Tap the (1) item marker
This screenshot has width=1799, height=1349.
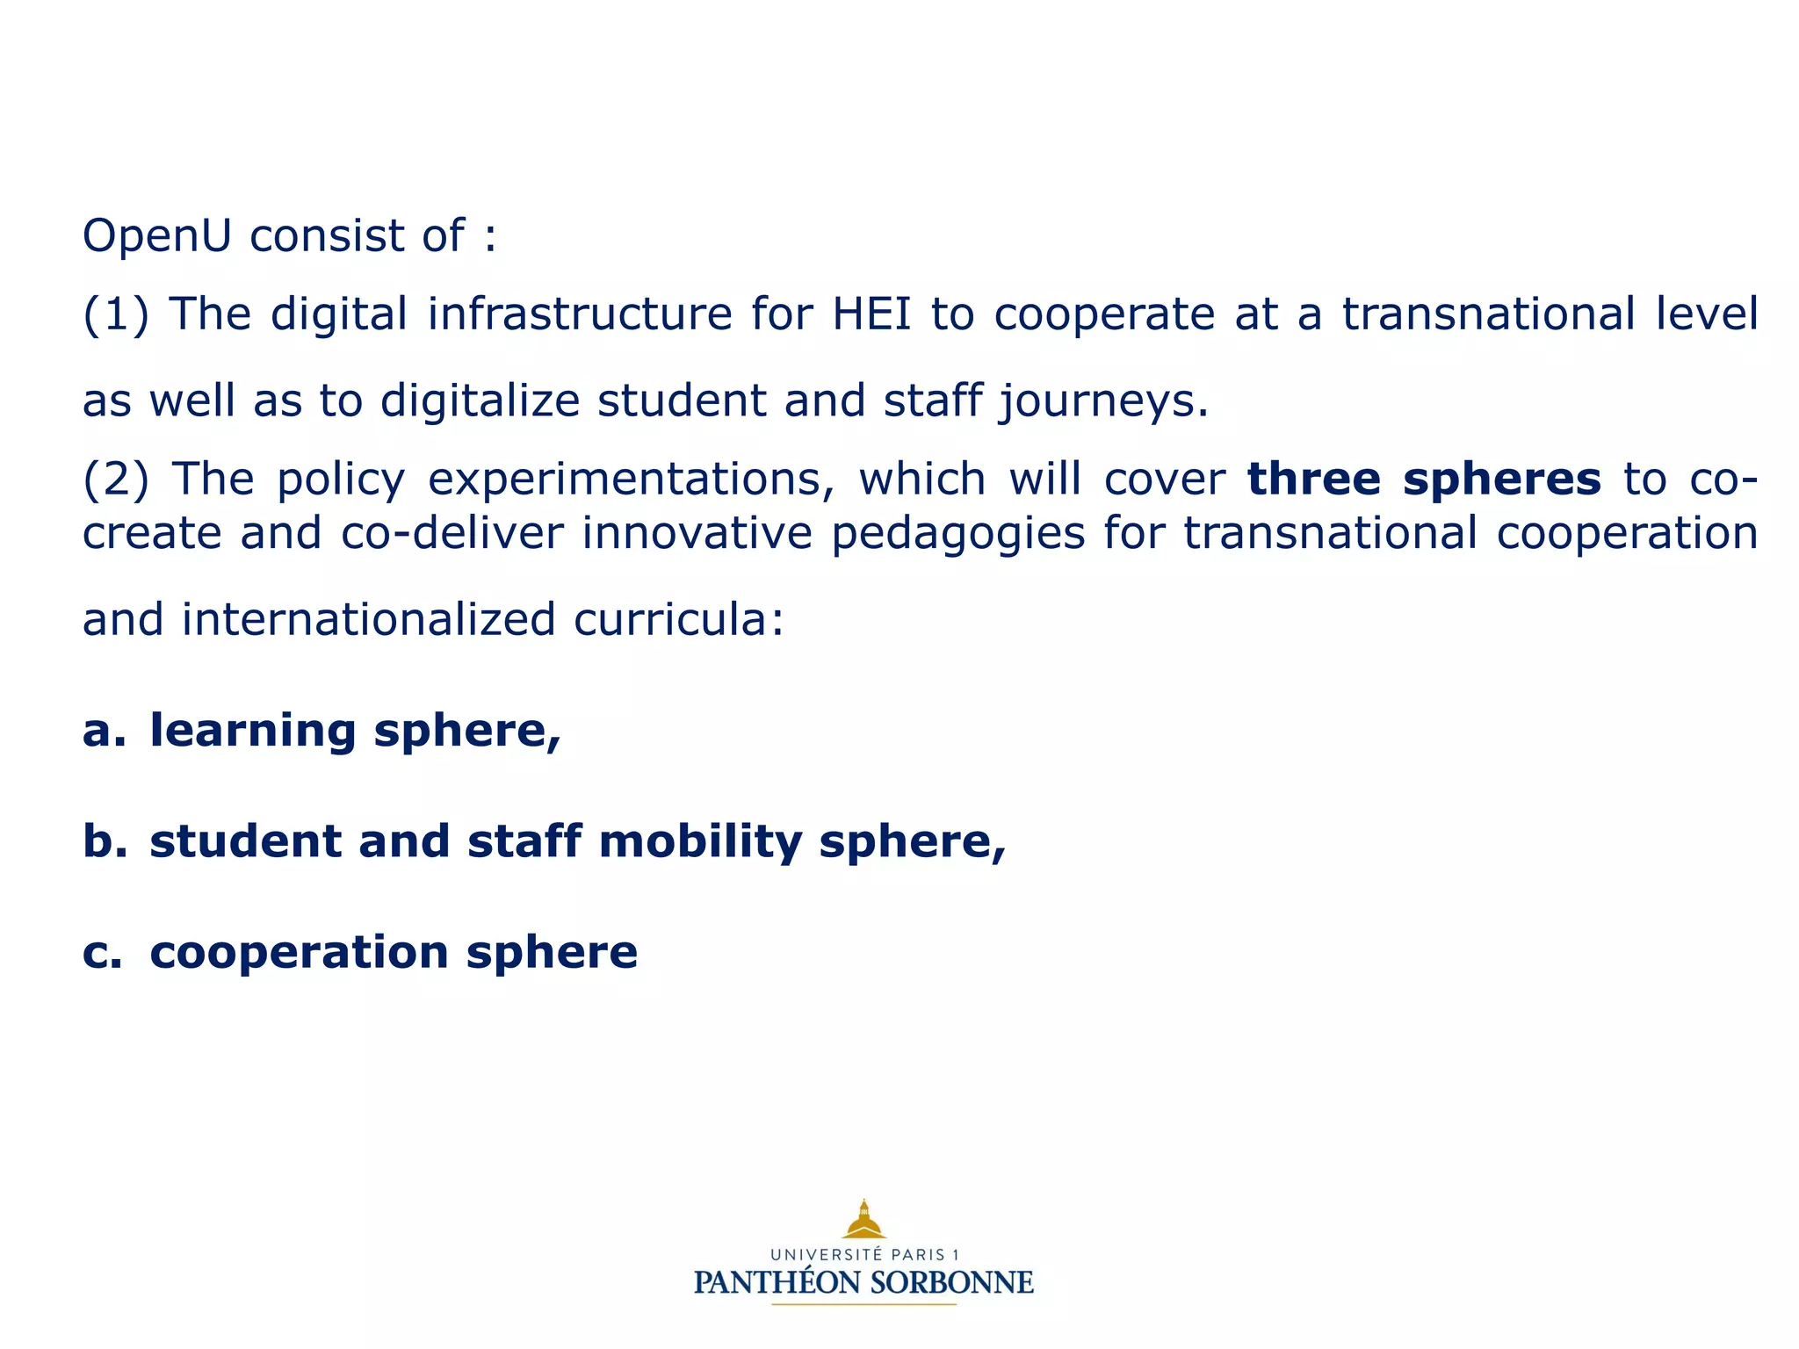(115, 314)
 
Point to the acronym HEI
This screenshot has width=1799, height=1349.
(872, 314)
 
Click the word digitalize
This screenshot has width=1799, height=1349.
(480, 400)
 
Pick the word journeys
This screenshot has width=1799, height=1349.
(1103, 402)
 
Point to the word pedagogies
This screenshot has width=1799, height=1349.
(957, 534)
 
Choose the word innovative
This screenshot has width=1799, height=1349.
(697, 533)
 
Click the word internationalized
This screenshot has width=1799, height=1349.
(368, 619)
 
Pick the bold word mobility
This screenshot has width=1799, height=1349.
(700, 842)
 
